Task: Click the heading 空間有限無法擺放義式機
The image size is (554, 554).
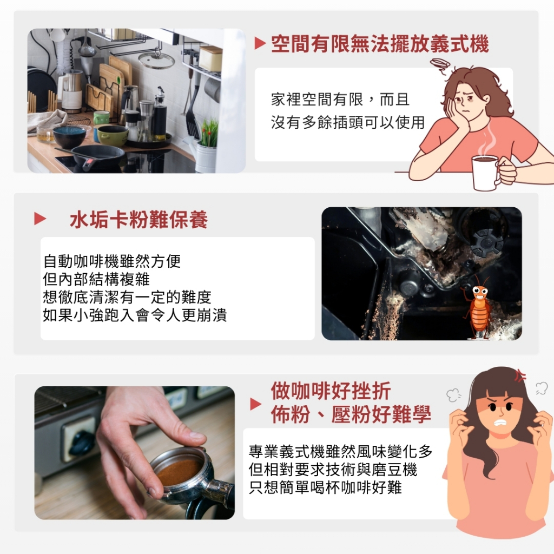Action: point(380,44)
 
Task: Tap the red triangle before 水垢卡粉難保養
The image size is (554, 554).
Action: point(40,219)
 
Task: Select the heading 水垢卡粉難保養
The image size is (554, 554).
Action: point(138,220)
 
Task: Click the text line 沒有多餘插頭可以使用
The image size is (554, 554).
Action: point(348,122)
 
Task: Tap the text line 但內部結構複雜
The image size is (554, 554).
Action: point(96,279)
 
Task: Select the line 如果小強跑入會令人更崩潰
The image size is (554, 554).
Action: point(135,315)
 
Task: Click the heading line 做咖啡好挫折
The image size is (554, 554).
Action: point(331,391)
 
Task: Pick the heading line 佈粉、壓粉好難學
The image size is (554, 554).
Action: point(351,414)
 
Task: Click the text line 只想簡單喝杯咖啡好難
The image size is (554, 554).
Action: point(325,487)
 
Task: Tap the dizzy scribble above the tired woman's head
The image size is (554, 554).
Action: point(439,65)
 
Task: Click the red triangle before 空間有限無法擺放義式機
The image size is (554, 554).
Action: point(260,43)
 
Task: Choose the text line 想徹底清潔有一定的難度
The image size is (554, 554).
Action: point(127,297)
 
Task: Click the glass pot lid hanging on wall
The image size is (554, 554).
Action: point(156,61)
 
